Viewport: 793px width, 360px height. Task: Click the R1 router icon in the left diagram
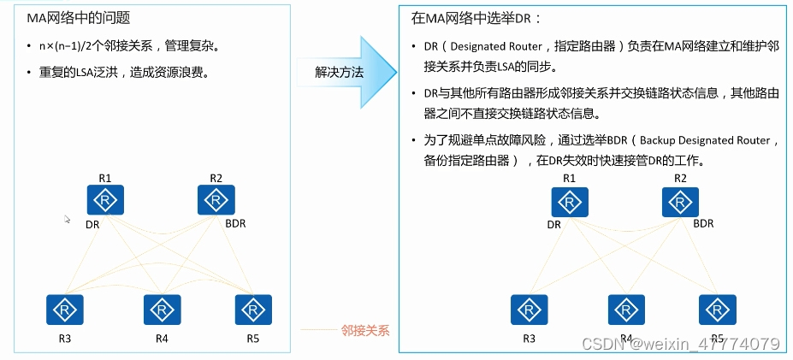(x=106, y=201)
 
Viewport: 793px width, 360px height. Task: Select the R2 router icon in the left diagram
(x=216, y=201)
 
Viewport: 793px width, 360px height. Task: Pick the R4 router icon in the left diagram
(x=162, y=310)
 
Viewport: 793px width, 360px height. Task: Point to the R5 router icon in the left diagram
(x=253, y=310)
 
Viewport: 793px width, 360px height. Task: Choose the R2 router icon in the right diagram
(x=679, y=202)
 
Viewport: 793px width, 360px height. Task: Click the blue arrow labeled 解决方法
(x=340, y=73)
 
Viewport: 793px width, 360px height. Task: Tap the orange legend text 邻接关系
(x=364, y=329)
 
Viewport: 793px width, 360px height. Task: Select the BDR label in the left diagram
(x=236, y=223)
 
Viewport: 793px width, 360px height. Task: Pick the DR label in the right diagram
(x=554, y=225)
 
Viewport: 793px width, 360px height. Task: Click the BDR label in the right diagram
(x=702, y=224)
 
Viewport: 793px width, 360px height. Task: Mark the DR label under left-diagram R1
(x=92, y=224)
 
